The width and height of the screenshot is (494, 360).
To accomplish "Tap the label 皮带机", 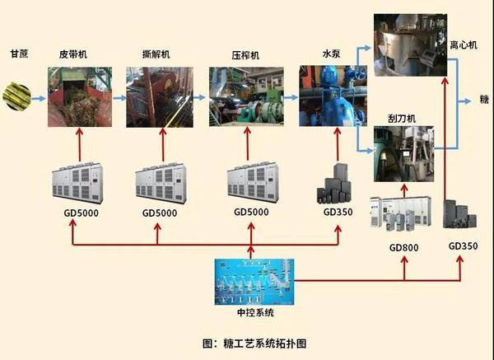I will [x=73, y=54].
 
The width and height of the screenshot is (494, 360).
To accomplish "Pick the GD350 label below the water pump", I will [x=338, y=212].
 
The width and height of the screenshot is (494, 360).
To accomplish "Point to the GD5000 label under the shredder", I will [x=157, y=212].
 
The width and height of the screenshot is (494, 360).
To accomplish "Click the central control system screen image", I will [x=252, y=282].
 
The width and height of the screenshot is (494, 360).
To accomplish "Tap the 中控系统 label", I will [x=252, y=313].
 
